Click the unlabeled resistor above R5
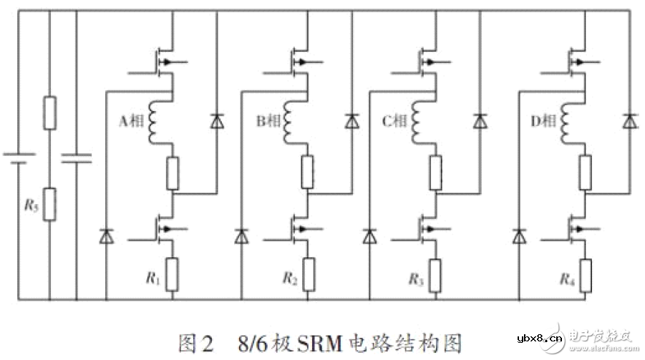click(49, 112)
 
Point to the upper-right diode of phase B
click(351, 122)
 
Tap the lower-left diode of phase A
click(107, 235)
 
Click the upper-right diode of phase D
click(629, 122)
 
